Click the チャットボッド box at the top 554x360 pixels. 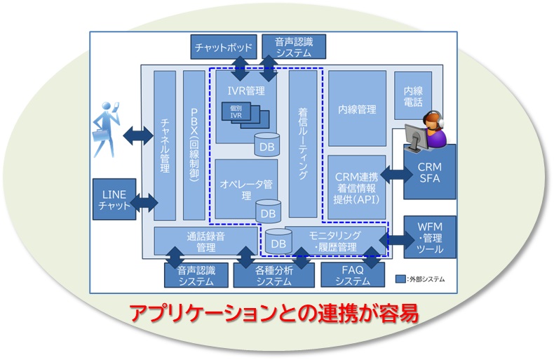tap(219, 47)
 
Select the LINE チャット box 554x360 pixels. tap(114, 199)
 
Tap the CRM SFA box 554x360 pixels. tap(429, 174)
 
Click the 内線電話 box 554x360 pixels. tap(412, 95)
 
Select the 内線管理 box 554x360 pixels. tap(356, 109)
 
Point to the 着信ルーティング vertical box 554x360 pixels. tap(303, 144)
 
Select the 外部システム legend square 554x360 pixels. tap(400, 279)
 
